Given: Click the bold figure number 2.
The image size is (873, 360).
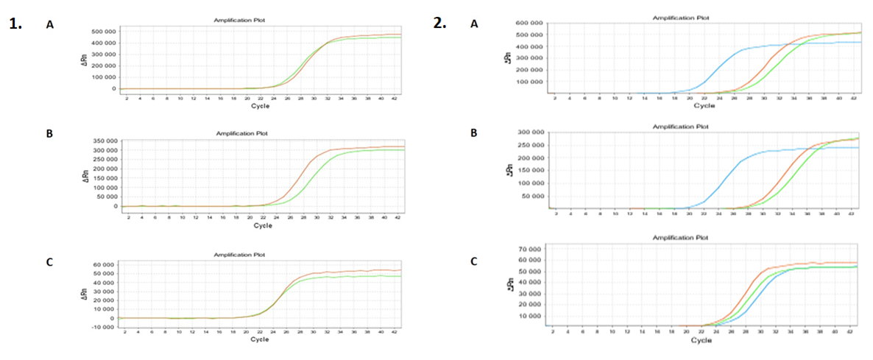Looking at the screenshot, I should pos(439,23).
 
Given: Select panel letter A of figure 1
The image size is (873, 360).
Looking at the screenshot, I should pos(50,24).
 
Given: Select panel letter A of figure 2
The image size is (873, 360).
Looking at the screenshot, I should pos(474,24).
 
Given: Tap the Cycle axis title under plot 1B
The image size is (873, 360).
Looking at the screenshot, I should pos(262,225).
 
